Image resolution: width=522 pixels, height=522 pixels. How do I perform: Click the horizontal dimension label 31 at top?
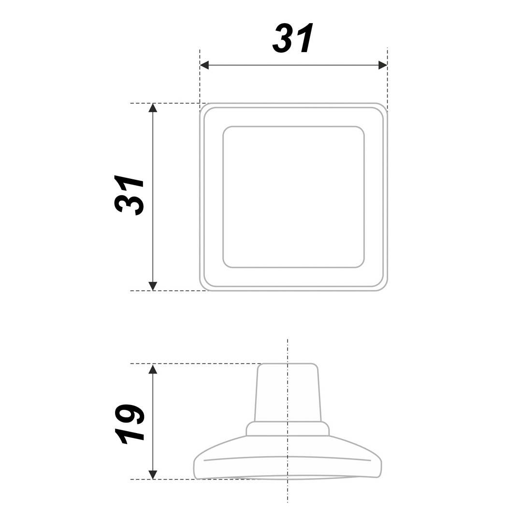293,38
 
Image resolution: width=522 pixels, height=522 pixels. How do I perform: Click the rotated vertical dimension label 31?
129,195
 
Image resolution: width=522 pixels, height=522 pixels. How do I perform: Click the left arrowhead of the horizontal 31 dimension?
204,65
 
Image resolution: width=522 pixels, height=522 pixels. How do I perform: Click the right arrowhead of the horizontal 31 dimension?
383,65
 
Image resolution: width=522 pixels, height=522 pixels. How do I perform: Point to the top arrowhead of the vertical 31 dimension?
152,108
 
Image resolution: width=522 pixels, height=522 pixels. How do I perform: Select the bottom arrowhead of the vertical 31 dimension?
152,286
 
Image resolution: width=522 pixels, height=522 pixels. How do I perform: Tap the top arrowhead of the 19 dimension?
152,369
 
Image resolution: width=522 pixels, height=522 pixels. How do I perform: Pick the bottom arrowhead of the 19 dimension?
152,475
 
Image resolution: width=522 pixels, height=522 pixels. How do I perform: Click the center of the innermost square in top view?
294,197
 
